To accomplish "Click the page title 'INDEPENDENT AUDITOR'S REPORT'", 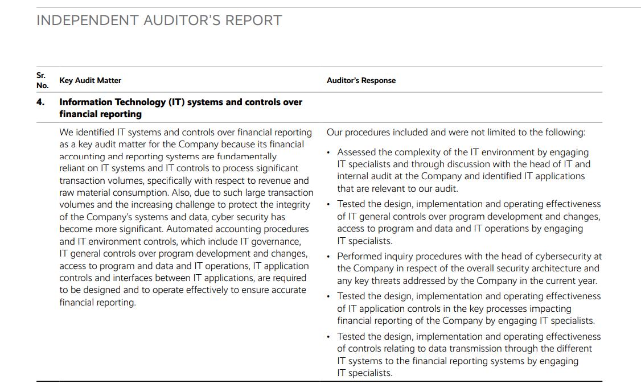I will click(x=159, y=20).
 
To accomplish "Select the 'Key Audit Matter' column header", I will click(x=90, y=81).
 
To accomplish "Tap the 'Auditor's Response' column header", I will click(x=361, y=81).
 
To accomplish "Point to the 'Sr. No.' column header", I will click(x=42, y=80).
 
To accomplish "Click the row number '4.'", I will click(x=40, y=102).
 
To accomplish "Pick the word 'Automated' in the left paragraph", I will click(x=187, y=229).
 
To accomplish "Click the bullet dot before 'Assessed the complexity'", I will click(x=328, y=152).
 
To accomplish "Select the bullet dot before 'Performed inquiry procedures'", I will click(x=328, y=257).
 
